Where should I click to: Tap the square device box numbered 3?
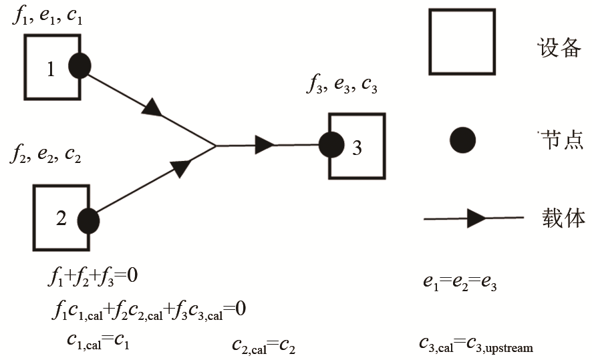point(357,146)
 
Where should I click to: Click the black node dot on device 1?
point(80,65)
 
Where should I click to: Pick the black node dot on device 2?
point(88,220)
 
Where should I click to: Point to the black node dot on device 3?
point(331,145)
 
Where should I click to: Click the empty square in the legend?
point(462,41)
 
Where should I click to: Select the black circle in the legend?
point(462,140)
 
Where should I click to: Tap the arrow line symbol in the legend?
point(474,218)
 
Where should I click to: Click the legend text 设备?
point(560,47)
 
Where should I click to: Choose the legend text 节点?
point(561,140)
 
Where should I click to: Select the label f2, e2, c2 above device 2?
point(45,156)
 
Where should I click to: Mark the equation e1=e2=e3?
point(460,283)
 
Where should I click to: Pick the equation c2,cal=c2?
point(263,345)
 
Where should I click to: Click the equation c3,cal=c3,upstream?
point(476,345)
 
